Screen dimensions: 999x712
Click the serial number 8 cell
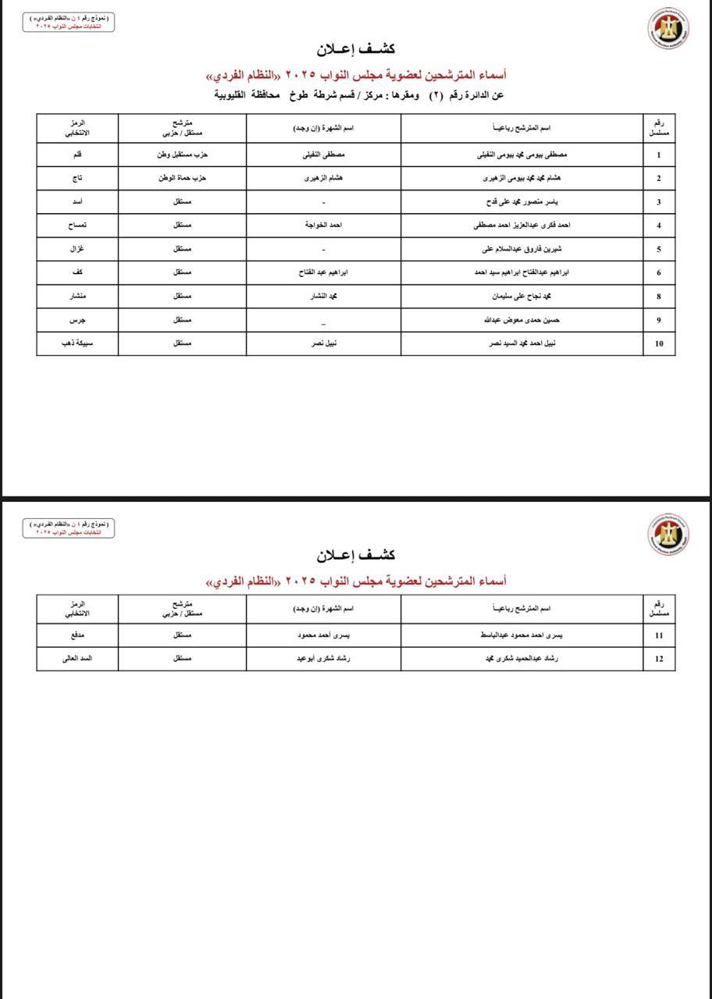[x=659, y=297]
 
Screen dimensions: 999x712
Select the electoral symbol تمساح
[x=77, y=226]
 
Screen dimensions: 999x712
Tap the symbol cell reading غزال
[x=77, y=249]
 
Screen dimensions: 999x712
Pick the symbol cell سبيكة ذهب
[x=77, y=343]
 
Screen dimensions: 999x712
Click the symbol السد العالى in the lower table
[x=77, y=659]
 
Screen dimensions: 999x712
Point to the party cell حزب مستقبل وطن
[x=182, y=155]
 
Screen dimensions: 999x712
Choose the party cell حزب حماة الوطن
[x=182, y=178]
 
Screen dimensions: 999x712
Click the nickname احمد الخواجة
[x=323, y=226]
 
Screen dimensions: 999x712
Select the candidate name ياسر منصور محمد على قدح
[x=522, y=202]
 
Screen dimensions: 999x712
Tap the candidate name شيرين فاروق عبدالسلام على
[x=522, y=249]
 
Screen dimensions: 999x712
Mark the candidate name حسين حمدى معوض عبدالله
[x=522, y=320]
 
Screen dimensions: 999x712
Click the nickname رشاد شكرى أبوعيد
[x=323, y=659]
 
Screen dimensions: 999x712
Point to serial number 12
[x=659, y=659]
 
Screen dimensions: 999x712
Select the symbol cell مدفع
[x=77, y=635]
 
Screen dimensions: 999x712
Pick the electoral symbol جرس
[x=77, y=320]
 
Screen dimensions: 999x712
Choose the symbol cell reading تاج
[x=77, y=178]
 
